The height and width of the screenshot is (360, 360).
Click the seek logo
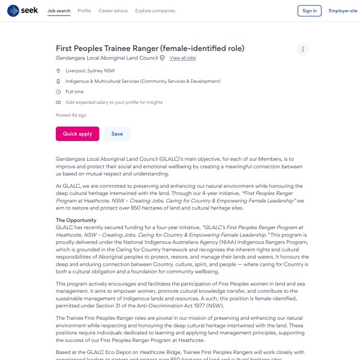click(x=22, y=11)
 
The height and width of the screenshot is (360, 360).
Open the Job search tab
click(x=59, y=11)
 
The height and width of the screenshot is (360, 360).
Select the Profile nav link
click(x=85, y=11)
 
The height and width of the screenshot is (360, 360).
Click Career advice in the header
click(x=113, y=11)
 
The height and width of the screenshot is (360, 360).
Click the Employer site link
click(x=343, y=11)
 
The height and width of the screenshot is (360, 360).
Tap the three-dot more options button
click(x=303, y=49)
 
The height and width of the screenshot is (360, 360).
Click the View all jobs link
click(x=182, y=58)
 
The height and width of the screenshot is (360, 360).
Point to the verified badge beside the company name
click(x=162, y=58)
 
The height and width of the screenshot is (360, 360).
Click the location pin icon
click(x=58, y=71)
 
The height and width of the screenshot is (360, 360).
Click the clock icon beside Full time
click(x=58, y=92)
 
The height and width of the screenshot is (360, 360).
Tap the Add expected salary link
click(x=114, y=103)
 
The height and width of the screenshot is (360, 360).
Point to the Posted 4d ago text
click(x=71, y=115)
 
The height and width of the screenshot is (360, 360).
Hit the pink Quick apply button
click(x=77, y=134)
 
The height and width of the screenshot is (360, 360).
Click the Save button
click(x=117, y=134)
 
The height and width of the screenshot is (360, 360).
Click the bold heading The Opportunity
click(x=76, y=220)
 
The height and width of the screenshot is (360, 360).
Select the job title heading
click(x=150, y=48)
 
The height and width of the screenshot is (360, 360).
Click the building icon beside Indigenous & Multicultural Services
click(x=58, y=81)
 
